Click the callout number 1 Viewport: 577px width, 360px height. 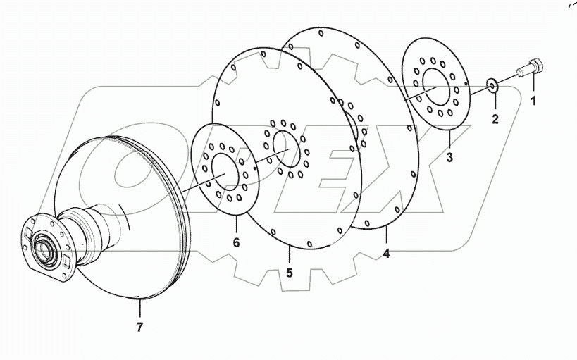[533, 100]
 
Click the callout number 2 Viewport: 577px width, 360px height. [495, 118]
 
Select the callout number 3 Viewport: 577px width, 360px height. [449, 156]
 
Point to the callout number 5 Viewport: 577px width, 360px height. [290, 271]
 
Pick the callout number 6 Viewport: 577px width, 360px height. [237, 242]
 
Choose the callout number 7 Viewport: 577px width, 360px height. [139, 327]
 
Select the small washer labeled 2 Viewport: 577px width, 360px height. [494, 86]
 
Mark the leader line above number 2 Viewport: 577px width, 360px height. [495, 101]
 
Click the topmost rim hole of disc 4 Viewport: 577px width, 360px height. [322, 32]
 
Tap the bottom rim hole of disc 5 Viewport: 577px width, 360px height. [310, 244]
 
